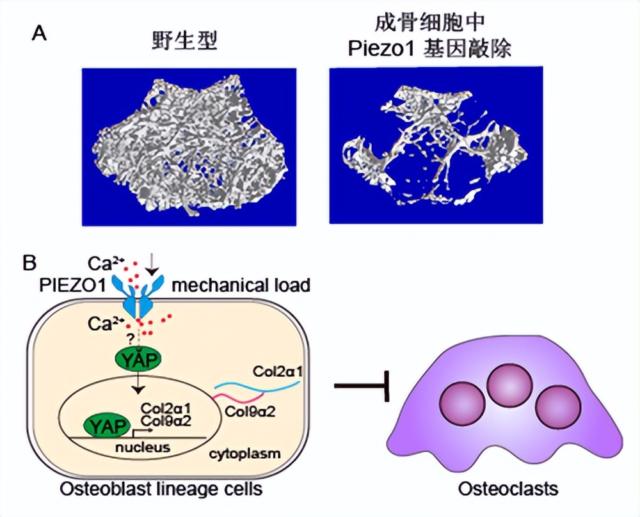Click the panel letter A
pyautogui.click(x=39, y=33)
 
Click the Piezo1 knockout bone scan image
pyautogui.click(x=436, y=145)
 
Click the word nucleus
pyautogui.click(x=142, y=447)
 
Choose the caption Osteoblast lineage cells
pyautogui.click(x=161, y=489)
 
